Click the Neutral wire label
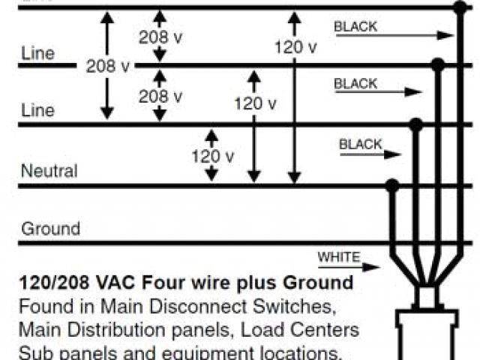point(49,171)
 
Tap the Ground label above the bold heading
point(50,229)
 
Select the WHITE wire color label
point(338,257)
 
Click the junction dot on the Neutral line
point(391,184)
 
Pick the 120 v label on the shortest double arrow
point(211,157)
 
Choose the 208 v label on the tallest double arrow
point(107,66)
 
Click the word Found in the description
point(40,307)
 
